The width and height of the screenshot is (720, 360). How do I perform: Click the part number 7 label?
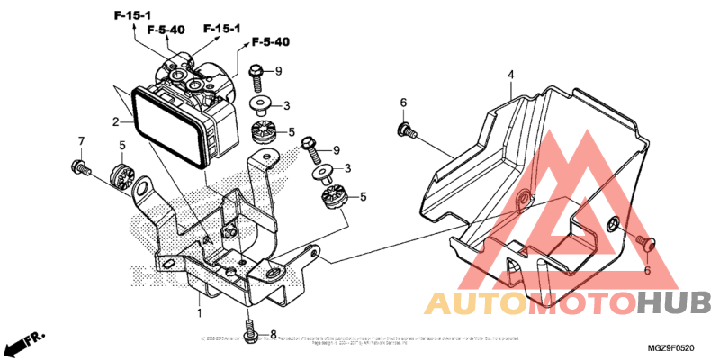[81, 141]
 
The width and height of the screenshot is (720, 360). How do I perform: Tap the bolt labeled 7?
[81, 166]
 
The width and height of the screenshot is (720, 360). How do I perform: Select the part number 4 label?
[509, 74]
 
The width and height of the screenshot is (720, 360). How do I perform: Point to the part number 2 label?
[116, 121]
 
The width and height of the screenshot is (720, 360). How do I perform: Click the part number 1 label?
[199, 312]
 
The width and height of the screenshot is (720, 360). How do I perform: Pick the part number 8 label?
[274, 334]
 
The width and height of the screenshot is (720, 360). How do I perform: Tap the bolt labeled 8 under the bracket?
[251, 328]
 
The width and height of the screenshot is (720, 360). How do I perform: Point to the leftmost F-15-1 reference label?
[132, 15]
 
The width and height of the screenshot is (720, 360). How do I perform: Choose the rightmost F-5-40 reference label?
[270, 42]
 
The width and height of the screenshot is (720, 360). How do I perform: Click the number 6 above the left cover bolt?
[403, 103]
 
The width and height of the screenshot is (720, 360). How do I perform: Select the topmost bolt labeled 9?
[256, 72]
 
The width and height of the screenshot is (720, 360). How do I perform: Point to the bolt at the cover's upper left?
[405, 130]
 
